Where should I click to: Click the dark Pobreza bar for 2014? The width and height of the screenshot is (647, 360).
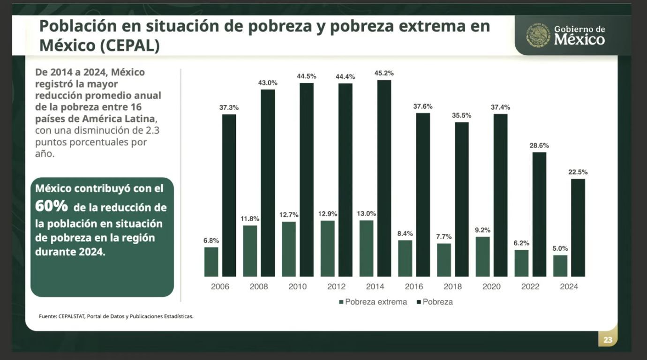(x=384, y=178)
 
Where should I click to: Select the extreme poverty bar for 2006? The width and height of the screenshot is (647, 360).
(x=211, y=262)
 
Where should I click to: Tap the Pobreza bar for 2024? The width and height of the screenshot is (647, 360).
(x=578, y=228)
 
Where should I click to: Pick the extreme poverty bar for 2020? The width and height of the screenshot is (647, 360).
(x=482, y=257)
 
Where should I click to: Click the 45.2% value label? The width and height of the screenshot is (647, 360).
(x=384, y=73)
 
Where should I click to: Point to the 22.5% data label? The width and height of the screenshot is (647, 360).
(x=578, y=172)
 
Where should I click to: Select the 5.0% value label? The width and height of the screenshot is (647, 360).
(x=560, y=248)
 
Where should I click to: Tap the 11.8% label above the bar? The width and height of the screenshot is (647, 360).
(x=250, y=218)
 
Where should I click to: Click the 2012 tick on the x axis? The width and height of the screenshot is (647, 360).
(x=336, y=286)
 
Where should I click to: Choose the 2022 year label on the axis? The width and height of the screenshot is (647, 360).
(x=530, y=286)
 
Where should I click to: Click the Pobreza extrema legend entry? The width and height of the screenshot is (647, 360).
(x=373, y=302)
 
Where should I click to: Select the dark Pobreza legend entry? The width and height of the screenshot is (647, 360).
(x=435, y=302)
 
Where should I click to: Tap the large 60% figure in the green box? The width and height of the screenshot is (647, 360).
(x=52, y=206)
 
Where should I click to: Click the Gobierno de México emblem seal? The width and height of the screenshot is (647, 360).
(x=538, y=35)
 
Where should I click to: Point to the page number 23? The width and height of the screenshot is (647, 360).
(x=608, y=340)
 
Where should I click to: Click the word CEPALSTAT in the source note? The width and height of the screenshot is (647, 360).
(x=72, y=316)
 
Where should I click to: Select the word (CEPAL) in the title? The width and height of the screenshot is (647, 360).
(x=130, y=45)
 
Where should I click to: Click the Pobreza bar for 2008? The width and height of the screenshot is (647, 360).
(x=268, y=183)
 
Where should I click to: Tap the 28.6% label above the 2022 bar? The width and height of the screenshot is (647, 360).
(x=539, y=145)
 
